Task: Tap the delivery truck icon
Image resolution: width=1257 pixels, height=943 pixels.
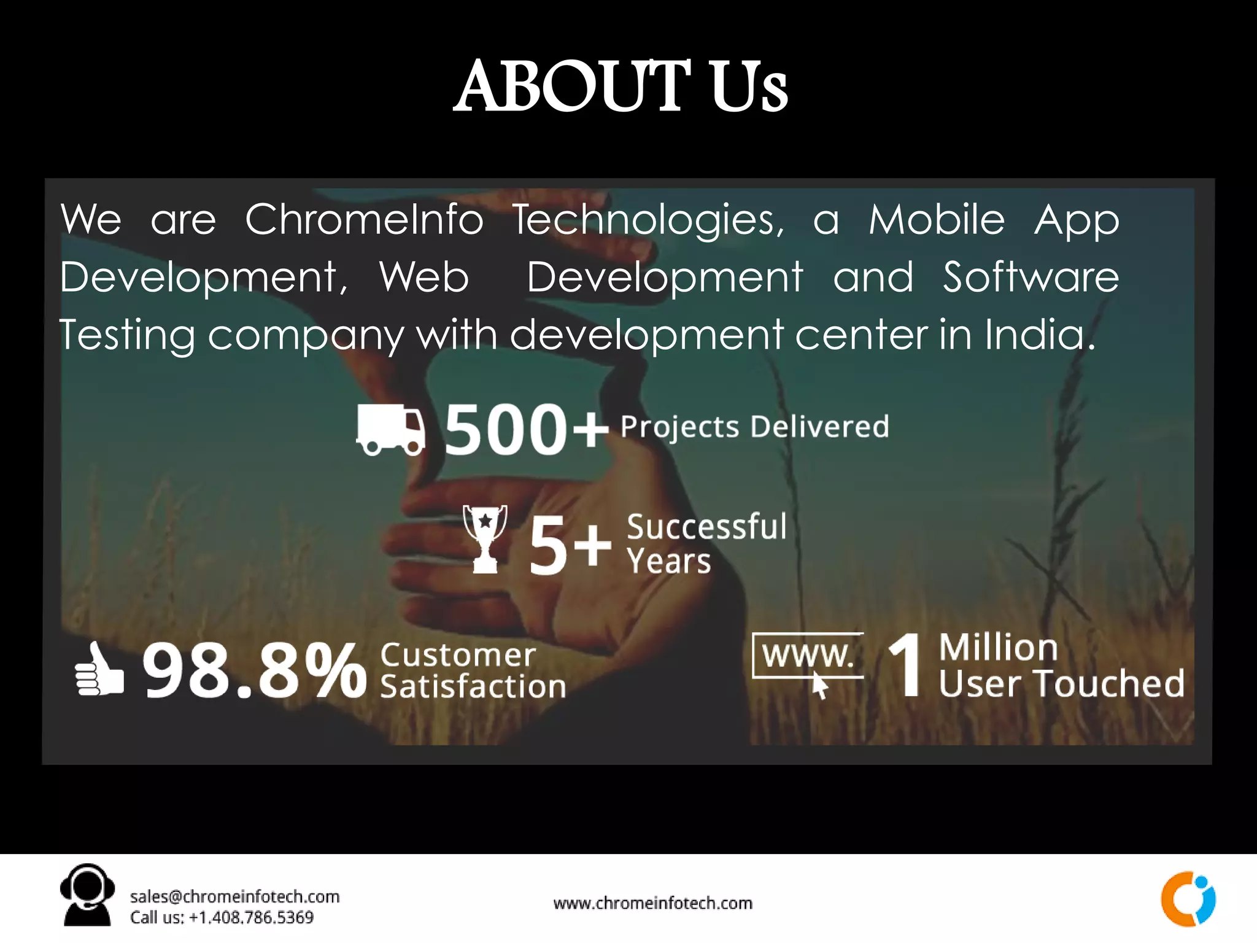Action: point(390,429)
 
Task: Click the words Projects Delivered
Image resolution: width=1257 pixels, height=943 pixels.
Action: point(754,427)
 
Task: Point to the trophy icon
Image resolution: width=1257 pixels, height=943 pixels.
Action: point(485,539)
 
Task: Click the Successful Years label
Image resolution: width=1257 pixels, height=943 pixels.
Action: point(706,543)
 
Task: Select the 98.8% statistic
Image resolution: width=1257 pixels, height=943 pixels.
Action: point(254,670)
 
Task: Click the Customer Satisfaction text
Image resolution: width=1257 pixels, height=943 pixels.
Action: point(473,670)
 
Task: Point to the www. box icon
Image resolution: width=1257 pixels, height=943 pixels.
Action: point(808,657)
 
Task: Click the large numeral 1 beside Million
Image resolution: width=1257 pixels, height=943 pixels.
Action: point(906,666)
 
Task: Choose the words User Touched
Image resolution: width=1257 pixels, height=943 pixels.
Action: point(1061,683)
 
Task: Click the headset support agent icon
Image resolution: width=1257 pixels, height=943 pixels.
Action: point(87,894)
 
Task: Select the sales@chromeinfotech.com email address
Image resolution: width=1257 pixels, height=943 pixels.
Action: point(234,896)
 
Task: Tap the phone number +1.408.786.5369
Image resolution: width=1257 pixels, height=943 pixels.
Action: point(251,917)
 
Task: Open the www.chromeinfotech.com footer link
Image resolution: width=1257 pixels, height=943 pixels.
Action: point(652,903)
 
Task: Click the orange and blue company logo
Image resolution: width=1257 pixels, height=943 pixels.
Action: point(1188,898)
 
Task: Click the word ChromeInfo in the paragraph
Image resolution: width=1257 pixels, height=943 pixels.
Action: point(365,219)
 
